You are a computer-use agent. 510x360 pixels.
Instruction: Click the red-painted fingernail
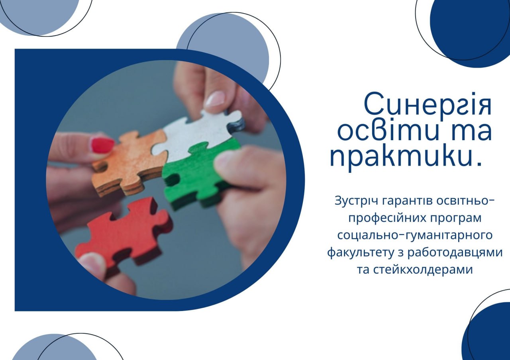click(x=103, y=145)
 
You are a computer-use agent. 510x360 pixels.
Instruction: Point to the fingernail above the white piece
click(x=215, y=99)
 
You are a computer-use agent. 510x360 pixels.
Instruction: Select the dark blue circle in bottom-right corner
click(x=487, y=332)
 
